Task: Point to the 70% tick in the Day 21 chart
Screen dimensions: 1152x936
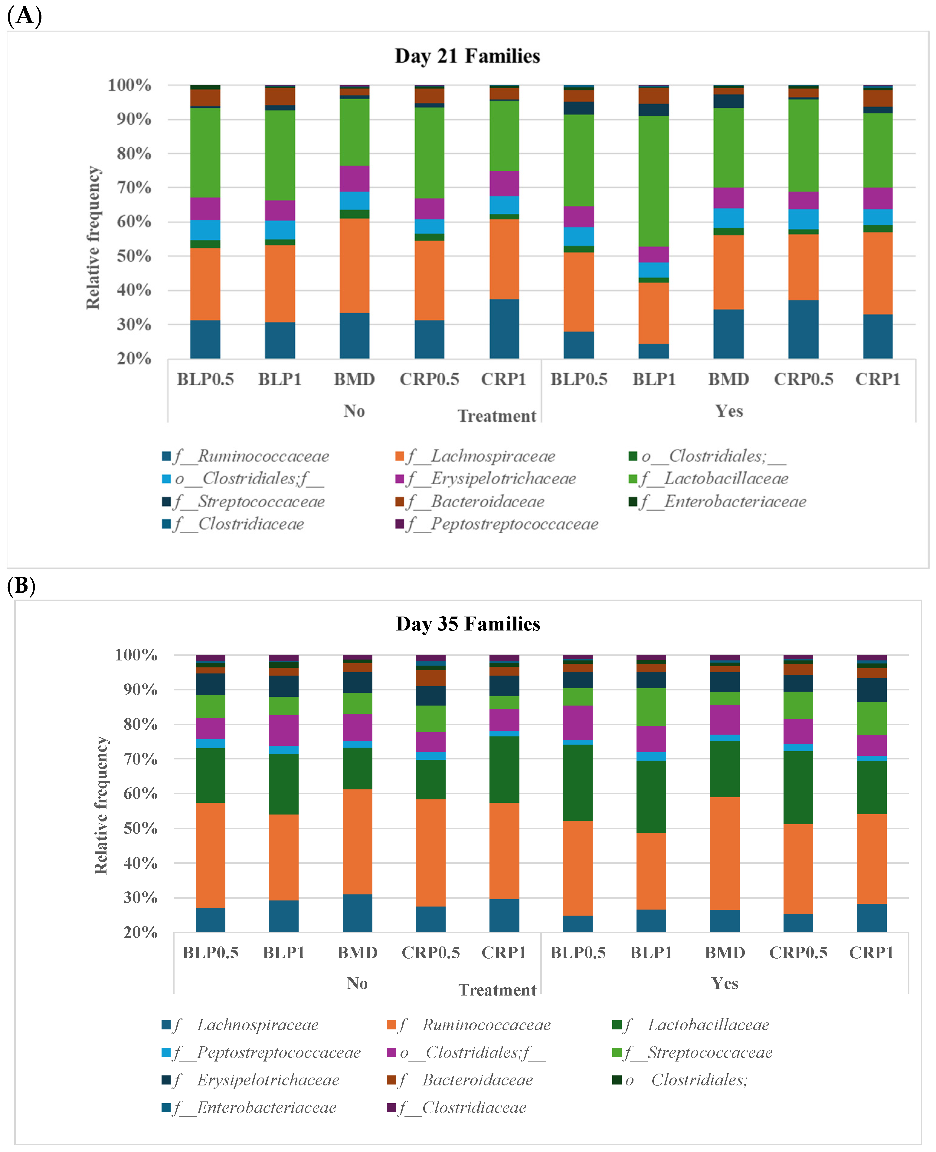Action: [x=134, y=188]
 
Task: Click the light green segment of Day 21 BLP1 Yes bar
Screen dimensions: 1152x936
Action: [x=654, y=181]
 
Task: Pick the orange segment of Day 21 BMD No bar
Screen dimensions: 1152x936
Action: [x=354, y=265]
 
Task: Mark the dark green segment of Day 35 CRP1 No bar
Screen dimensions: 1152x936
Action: [x=504, y=769]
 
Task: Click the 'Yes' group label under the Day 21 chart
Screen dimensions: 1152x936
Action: [x=729, y=411]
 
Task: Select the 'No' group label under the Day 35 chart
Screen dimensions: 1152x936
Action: [x=357, y=983]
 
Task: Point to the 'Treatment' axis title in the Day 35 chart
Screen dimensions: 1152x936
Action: [x=497, y=990]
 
